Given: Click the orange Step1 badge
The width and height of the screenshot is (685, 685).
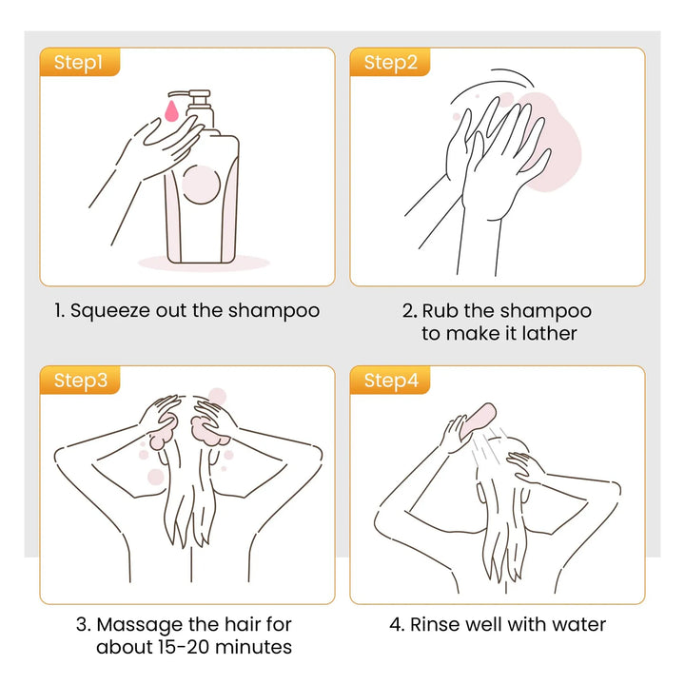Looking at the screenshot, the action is tap(80, 62).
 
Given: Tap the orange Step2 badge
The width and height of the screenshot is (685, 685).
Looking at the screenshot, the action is tap(390, 62).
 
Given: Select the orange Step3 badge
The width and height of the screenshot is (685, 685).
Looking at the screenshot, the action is tap(80, 380).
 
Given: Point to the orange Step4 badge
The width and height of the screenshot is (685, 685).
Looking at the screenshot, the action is tap(390, 380).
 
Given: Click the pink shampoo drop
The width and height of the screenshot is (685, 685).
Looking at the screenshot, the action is tap(171, 111).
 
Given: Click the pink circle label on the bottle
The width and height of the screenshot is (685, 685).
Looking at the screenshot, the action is tap(201, 185).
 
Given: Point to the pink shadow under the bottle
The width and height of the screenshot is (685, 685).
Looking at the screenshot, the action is tap(204, 263).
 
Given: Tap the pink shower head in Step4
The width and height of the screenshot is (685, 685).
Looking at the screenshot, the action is tap(479, 421).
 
